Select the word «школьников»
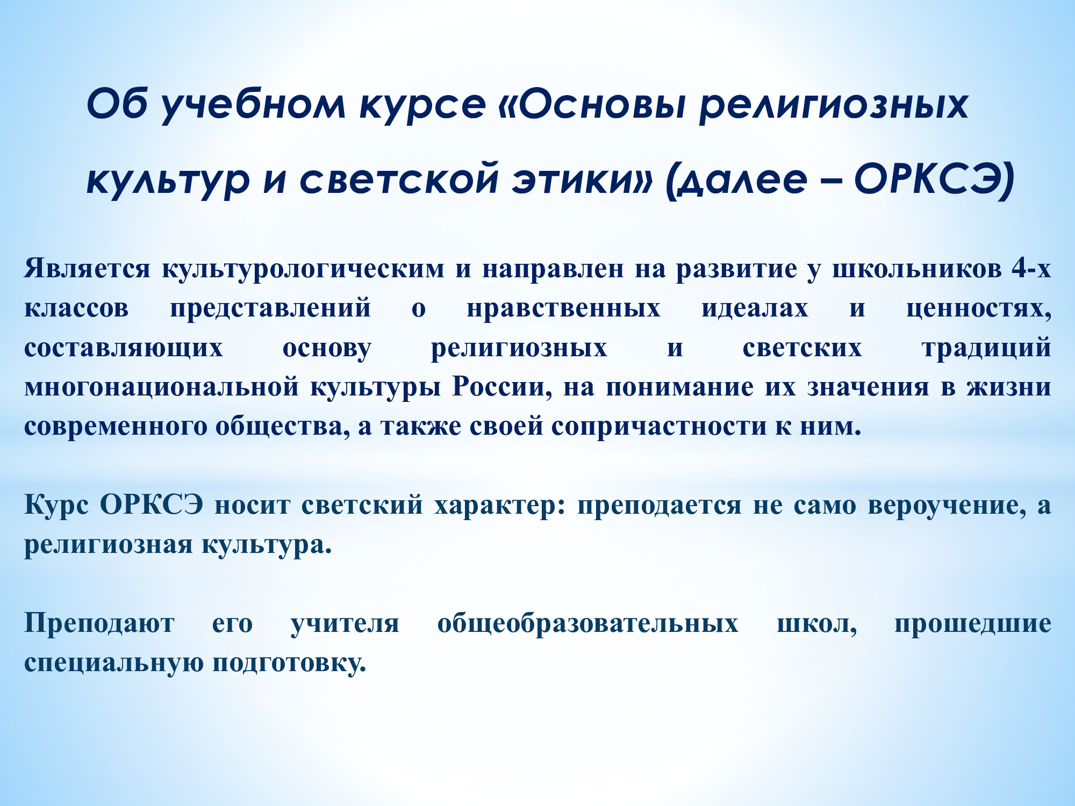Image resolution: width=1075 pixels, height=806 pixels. coord(917,269)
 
